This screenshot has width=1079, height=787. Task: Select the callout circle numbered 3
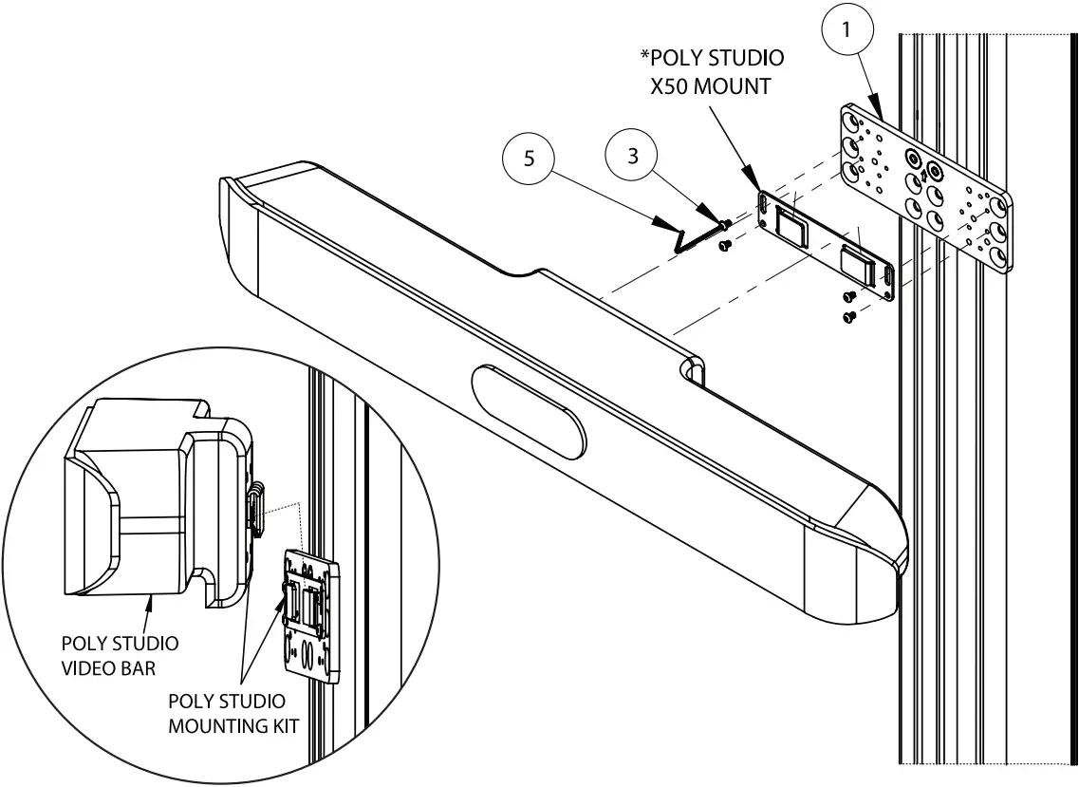634,157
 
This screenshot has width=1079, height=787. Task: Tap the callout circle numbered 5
531,159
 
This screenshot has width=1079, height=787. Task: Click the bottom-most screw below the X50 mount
850,315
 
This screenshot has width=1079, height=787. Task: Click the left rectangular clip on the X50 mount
789,226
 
